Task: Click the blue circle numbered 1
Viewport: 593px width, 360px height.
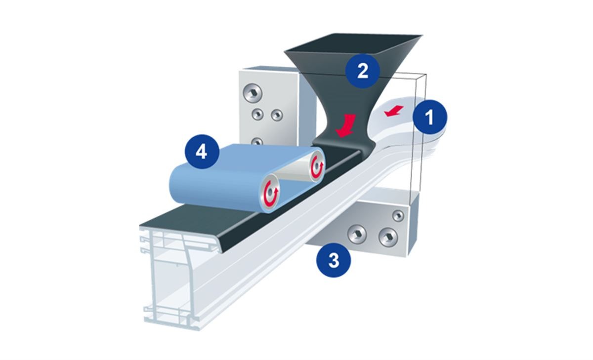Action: [x=430, y=117]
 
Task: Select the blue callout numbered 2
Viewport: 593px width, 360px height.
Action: [x=362, y=71]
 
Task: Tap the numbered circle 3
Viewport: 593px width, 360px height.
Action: [x=334, y=260]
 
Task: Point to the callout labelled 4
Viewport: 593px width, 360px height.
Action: [x=202, y=152]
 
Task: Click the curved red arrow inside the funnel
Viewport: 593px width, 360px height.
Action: [x=346, y=126]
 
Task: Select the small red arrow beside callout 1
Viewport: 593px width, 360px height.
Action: [x=394, y=111]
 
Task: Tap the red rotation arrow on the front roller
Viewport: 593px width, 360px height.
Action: [x=271, y=193]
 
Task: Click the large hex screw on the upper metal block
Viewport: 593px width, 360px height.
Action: [x=253, y=93]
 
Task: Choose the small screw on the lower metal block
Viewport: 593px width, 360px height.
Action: [x=398, y=216]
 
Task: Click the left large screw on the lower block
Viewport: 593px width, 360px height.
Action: [x=357, y=234]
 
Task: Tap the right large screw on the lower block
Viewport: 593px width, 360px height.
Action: [x=388, y=237]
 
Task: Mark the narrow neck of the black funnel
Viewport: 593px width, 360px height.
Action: [x=344, y=124]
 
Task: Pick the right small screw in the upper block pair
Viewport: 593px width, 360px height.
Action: [x=277, y=115]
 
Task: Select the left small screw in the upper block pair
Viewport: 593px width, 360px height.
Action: [x=257, y=114]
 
